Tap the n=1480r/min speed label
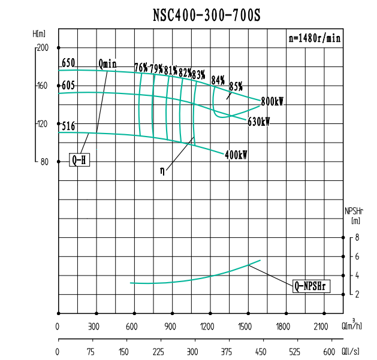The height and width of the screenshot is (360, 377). [x=315, y=38]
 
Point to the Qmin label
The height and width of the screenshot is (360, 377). [x=108, y=63]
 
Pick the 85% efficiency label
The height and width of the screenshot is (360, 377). [x=236, y=86]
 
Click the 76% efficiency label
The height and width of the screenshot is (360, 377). [x=141, y=68]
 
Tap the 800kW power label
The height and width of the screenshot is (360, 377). [x=272, y=102]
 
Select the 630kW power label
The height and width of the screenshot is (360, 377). [x=258, y=122]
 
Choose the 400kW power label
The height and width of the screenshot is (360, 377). [x=236, y=155]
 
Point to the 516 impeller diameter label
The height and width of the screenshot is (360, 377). [x=68, y=126]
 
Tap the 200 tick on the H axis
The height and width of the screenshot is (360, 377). [x=43, y=48]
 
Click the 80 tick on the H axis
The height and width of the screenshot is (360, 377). [x=44, y=162]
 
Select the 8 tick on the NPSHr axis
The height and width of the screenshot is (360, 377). [x=357, y=238]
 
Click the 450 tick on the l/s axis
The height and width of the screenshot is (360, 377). [x=260, y=352]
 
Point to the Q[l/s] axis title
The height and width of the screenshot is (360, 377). [x=351, y=352]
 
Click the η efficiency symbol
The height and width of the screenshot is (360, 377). [x=162, y=170]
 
